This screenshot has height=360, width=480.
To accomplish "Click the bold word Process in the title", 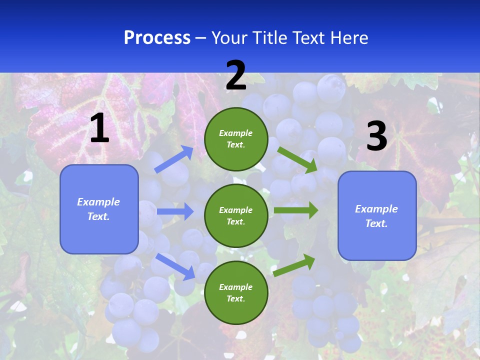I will pyautogui.click(x=157, y=38).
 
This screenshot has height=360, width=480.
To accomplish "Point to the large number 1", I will pyautogui.click(x=99, y=128).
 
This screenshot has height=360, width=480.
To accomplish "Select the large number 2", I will pyautogui.click(x=236, y=75).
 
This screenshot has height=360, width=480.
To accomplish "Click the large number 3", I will pyautogui.click(x=376, y=136).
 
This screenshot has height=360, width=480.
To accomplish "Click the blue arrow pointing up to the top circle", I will pyautogui.click(x=174, y=159).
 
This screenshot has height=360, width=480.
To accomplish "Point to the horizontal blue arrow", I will pyautogui.click(x=175, y=211).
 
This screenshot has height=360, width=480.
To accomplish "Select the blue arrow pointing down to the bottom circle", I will pyautogui.click(x=175, y=266).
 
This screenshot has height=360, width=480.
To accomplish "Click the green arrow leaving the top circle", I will pyautogui.click(x=297, y=159).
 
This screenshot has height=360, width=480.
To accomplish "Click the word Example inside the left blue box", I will pyautogui.click(x=98, y=202).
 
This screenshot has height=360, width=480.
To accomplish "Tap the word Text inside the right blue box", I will pyautogui.click(x=376, y=223).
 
